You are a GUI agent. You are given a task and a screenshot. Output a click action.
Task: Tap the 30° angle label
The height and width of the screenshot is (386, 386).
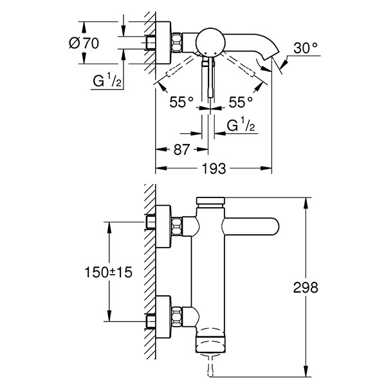[306, 48]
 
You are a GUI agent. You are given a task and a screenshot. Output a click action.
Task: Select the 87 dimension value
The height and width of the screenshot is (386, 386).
[181, 149]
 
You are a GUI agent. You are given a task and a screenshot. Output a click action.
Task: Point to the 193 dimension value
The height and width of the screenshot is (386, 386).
[214, 169]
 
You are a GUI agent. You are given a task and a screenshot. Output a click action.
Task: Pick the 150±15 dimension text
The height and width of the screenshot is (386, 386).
[106, 272]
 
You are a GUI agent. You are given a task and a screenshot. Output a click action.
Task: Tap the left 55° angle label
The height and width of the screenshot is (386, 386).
[181, 102]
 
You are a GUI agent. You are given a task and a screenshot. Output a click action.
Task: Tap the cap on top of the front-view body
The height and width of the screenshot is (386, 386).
[211, 201]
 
